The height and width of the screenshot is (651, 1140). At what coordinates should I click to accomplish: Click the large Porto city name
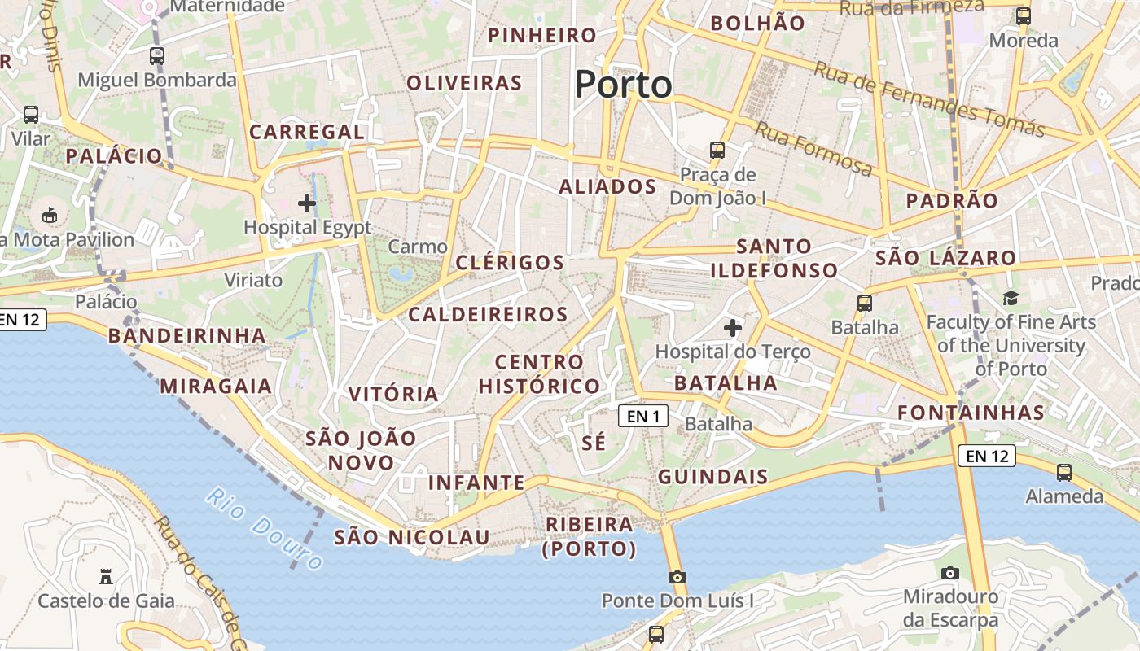pyautogui.click(x=624, y=85)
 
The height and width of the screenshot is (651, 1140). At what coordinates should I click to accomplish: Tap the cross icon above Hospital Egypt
pyautogui.click(x=307, y=203)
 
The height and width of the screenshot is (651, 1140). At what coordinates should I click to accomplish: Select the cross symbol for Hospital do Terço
pyautogui.click(x=733, y=327)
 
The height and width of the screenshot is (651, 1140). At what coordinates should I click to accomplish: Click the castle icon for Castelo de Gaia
pyautogui.click(x=105, y=577)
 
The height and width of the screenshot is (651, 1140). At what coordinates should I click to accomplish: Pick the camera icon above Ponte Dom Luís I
pyautogui.click(x=677, y=577)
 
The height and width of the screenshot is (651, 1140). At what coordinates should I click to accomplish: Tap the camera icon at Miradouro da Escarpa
pyautogui.click(x=949, y=573)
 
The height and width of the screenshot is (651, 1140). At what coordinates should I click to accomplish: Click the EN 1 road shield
pyautogui.click(x=643, y=417)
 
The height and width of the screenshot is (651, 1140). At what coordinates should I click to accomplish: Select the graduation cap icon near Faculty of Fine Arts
pyautogui.click(x=1011, y=298)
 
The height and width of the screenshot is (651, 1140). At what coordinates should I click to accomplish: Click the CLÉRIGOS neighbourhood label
pyautogui.click(x=510, y=262)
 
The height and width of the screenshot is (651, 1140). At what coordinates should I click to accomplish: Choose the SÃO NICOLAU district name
pyautogui.click(x=412, y=537)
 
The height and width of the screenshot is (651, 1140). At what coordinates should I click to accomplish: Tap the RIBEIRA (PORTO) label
pyautogui.click(x=590, y=536)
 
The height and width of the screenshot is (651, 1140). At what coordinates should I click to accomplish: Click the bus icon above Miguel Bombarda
pyautogui.click(x=157, y=56)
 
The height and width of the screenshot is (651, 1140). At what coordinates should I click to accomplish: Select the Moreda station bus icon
pyautogui.click(x=1024, y=15)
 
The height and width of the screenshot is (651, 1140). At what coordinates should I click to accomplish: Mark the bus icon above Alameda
pyautogui.click(x=1063, y=473)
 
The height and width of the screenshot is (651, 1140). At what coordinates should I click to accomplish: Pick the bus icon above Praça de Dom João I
pyautogui.click(x=717, y=150)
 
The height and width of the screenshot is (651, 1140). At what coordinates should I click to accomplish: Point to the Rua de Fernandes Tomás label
pyautogui.click(x=928, y=99)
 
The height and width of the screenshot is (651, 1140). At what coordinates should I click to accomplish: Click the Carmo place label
pyautogui.click(x=418, y=247)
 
